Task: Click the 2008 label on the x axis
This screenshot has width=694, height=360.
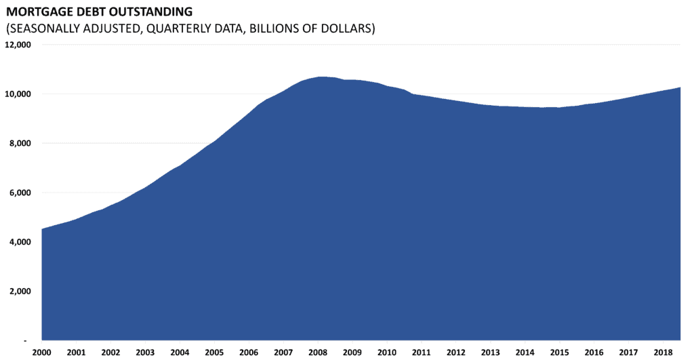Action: (x=317, y=353)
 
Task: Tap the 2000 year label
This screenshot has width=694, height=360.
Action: (x=42, y=353)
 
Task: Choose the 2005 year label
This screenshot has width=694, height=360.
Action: (x=214, y=353)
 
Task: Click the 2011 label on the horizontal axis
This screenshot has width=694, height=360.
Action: (x=421, y=353)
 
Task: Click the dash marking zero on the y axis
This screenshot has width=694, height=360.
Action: (x=25, y=340)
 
